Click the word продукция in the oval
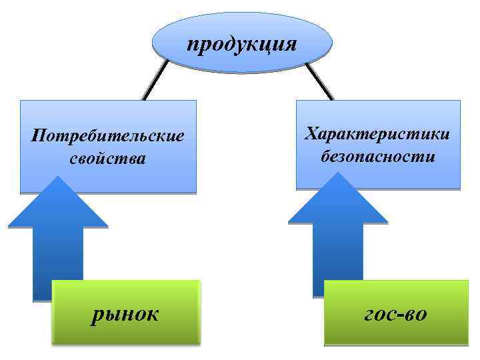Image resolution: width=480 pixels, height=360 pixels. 241,45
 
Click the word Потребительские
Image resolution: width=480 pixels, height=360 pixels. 107,136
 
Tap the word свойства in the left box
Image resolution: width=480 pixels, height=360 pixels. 107,159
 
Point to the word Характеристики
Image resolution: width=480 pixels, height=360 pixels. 377,134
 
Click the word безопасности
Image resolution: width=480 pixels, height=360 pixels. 377,157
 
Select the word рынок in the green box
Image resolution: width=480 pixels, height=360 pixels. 125,312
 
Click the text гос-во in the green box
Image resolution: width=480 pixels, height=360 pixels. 396,312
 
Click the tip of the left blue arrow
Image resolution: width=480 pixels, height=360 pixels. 59,179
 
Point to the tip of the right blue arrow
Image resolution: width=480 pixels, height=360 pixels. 339,175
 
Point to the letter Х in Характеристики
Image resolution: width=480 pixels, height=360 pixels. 311,134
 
